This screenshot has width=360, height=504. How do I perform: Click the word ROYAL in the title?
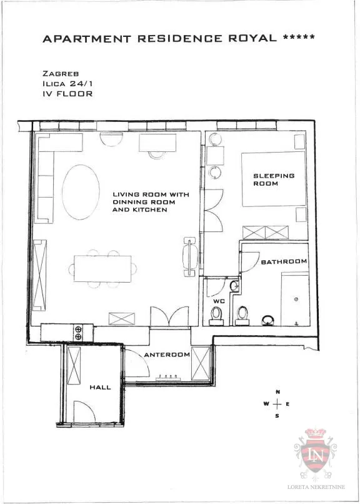tap(252, 38)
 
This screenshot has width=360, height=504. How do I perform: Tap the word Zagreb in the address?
tap(61, 74)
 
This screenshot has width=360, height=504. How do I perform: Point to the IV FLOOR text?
tap(67, 94)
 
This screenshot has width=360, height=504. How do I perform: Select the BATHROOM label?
tap(284, 262)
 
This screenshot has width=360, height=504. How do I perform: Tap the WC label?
tap(219, 301)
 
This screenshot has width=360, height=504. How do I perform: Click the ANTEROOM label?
tap(167, 355)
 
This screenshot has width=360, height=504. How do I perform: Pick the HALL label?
tap(100, 387)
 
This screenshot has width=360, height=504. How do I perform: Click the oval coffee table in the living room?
tap(81, 192)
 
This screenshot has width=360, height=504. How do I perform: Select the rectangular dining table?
tap(102, 269)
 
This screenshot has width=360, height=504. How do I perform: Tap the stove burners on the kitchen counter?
tap(78, 333)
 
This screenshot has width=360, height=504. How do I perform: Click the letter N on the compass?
tap(277, 392)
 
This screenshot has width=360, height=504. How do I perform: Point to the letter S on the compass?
tap(277, 416)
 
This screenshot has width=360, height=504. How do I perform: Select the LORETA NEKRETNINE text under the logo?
tap(316, 487)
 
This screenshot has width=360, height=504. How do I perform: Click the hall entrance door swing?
tap(84, 411)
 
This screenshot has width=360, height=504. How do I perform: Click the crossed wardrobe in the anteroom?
tap(201, 363)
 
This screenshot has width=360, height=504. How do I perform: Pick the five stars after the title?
tap(299, 37)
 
